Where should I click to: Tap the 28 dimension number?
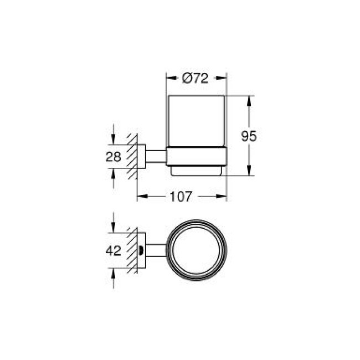coord(113,157)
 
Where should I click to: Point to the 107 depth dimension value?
coord(181,196)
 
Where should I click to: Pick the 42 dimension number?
coord(113,251)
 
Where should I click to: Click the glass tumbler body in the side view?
coord(196,122)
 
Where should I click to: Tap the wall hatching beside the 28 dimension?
coord(131,157)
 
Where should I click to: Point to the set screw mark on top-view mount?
coord(144,251)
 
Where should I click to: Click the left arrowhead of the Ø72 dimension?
coord(169,79)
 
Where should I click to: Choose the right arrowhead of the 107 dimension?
coord(224,196)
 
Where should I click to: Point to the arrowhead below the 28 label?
coord(113,173)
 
